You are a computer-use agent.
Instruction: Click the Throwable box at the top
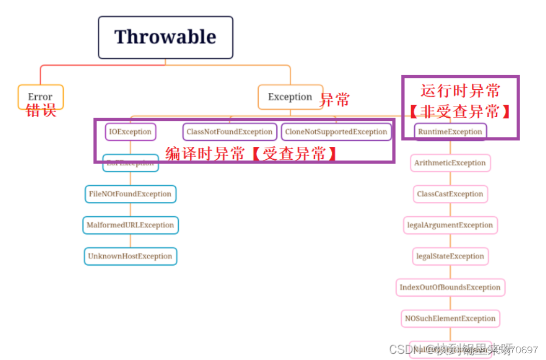[x=165, y=37]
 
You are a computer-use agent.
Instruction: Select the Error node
[x=40, y=96]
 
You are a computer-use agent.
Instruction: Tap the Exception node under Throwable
[x=290, y=96]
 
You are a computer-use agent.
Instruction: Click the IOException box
[x=130, y=132]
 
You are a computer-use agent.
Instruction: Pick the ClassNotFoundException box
[x=229, y=132]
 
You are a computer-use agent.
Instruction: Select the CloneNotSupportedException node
[x=336, y=132]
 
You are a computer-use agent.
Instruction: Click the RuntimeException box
[x=450, y=132]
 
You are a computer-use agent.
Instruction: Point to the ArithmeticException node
[x=450, y=163]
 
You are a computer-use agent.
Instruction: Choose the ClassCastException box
[x=450, y=194]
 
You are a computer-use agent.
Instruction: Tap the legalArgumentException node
[x=450, y=225]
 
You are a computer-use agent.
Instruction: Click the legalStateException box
[x=450, y=256]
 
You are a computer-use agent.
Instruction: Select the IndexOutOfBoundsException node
[x=450, y=287]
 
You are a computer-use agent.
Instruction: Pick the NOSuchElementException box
[x=450, y=319]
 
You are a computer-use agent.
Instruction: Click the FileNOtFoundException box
[x=130, y=194]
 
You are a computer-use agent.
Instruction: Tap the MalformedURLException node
[x=130, y=225]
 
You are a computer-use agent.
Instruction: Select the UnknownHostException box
[x=130, y=256]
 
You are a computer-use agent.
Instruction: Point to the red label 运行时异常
[x=460, y=91]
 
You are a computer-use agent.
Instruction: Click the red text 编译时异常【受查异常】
[x=251, y=154]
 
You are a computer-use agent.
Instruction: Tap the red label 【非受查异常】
[x=460, y=112]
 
